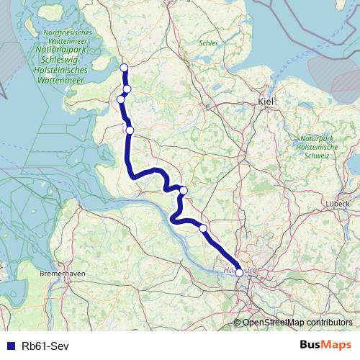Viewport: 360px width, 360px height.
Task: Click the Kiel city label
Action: click(x=266, y=103)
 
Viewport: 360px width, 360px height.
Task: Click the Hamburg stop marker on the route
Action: click(x=239, y=273)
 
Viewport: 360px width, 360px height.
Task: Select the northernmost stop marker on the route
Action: click(x=124, y=68)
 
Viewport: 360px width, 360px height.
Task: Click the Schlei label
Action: click(x=208, y=42)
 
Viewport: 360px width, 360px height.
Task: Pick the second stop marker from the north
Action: click(x=127, y=89)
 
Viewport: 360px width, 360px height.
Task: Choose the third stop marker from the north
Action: click(x=121, y=99)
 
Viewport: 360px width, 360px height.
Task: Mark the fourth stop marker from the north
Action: click(x=130, y=130)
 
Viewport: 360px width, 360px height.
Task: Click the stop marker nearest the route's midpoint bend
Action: click(x=184, y=191)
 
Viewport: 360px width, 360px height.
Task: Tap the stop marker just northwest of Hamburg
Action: click(x=203, y=228)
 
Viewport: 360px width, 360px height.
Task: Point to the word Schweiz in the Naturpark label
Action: click(x=317, y=155)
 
